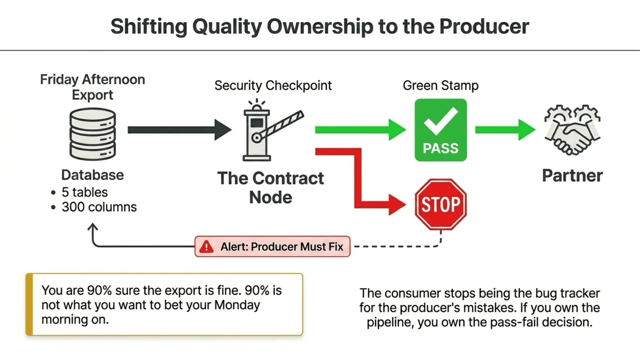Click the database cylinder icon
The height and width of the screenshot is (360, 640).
tap(93, 134)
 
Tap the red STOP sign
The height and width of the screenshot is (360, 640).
tap(440, 204)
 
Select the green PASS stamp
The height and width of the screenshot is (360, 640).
tap(440, 130)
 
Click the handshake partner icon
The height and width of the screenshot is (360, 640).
tap(572, 130)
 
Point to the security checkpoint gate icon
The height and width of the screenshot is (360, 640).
tap(264, 130)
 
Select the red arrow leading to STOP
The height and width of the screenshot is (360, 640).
tap(360, 180)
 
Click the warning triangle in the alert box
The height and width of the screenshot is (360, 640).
tap(206, 246)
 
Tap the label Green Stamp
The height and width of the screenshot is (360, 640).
tap(440, 85)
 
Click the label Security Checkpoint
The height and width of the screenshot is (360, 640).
tap(273, 85)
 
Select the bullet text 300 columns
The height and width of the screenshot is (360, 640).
tap(99, 207)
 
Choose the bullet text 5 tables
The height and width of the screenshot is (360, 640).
tap(84, 192)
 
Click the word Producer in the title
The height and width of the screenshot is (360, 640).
tap(484, 26)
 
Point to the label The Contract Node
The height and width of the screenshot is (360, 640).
tap(270, 188)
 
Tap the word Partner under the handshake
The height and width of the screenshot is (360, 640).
tap(572, 176)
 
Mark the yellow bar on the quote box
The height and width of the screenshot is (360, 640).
tap(29, 304)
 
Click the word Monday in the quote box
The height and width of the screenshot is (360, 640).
tap(237, 305)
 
